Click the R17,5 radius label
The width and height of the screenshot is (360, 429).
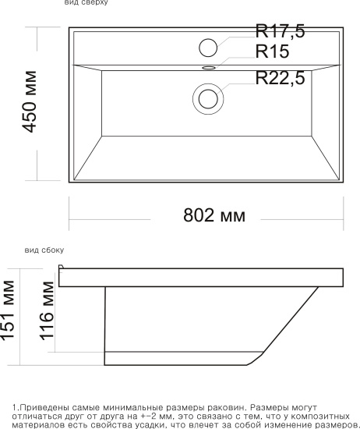[x=280, y=31]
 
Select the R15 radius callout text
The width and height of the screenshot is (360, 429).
[x=272, y=51]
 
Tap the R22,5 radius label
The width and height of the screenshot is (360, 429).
[x=280, y=78]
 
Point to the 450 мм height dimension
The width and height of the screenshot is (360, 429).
[x=29, y=101]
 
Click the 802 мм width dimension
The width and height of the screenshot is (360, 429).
[x=214, y=215]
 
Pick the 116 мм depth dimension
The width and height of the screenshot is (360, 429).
[x=47, y=311]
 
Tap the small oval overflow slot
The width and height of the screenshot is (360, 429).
[x=209, y=67]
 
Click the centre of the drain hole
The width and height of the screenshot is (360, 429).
[x=208, y=99]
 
